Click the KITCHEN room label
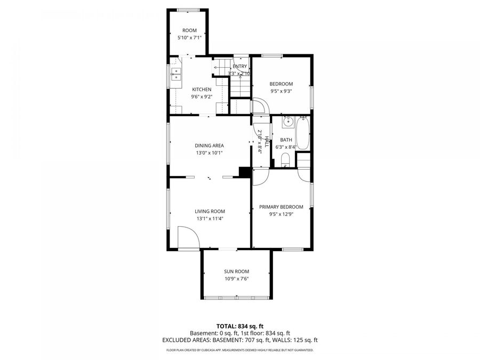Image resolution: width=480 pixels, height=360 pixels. pyautogui.click(x=202, y=90)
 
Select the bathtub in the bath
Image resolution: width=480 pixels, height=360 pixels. pyautogui.click(x=302, y=133)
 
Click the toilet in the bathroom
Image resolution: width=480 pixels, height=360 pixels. pyautogui.click(x=285, y=159)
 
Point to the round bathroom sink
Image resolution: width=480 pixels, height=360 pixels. pyautogui.click(x=287, y=122)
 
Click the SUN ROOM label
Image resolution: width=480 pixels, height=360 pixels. pyautogui.click(x=236, y=271)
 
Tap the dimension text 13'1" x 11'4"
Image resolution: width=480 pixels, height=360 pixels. pyautogui.click(x=210, y=218)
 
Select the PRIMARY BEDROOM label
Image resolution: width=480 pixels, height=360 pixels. pyautogui.click(x=281, y=207)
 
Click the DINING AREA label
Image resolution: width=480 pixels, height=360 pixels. pyautogui.click(x=209, y=146)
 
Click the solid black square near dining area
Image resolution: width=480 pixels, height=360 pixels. pyautogui.click(x=245, y=172)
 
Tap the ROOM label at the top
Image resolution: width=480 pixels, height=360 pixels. pyautogui.click(x=189, y=31)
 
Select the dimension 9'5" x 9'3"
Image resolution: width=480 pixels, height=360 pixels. pyautogui.click(x=281, y=91)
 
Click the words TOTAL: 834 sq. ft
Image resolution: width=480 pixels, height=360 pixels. pyautogui.click(x=239, y=326)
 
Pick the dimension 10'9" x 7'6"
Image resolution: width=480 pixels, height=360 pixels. pyautogui.click(x=236, y=278)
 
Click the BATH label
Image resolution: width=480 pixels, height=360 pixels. pyautogui.click(x=286, y=140)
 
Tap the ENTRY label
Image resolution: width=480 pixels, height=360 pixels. pyautogui.click(x=239, y=66)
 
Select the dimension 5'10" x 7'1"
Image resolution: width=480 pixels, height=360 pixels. pyautogui.click(x=189, y=38)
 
